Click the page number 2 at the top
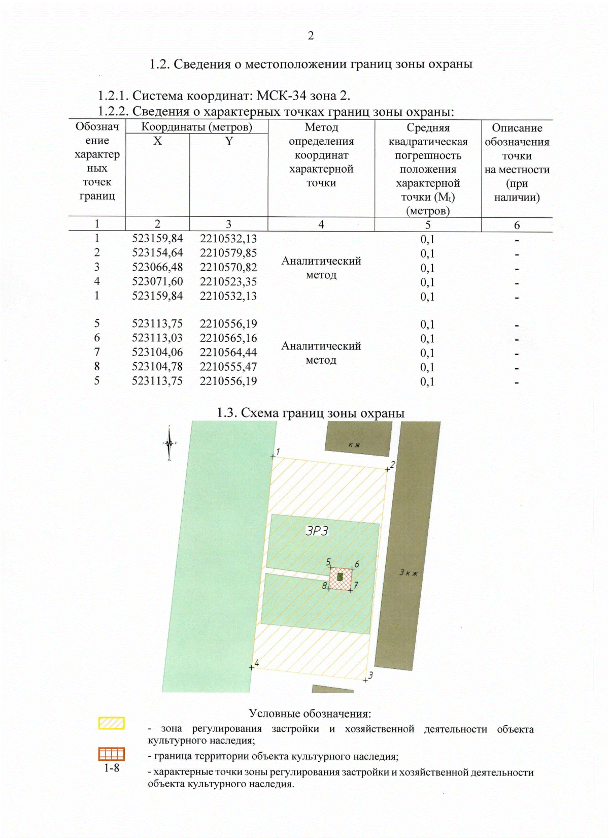point(311,36)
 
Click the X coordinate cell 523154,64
point(157,253)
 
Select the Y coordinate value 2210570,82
point(228,267)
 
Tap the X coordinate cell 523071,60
point(157,281)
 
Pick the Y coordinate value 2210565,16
point(228,338)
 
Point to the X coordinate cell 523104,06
point(157,352)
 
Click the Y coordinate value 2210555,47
point(228,367)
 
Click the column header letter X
point(157,141)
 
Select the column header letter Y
point(229,141)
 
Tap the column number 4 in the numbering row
point(321,224)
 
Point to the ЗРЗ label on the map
point(317,531)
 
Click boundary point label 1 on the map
point(278,452)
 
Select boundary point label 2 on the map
point(392,465)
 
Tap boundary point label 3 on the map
point(370,675)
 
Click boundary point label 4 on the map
point(257,663)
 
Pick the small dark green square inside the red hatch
point(340,576)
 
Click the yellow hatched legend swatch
point(111,723)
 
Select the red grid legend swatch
point(111,754)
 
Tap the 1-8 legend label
point(112,768)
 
